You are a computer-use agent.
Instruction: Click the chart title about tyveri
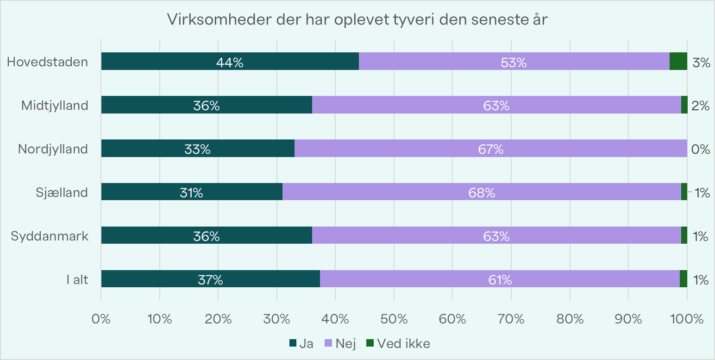pyautogui.click(x=357, y=20)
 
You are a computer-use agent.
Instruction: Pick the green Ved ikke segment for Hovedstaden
pyautogui.click(x=678, y=61)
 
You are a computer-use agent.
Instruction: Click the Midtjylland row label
pyautogui.click(x=55, y=105)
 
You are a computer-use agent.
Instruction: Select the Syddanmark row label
pyautogui.click(x=50, y=236)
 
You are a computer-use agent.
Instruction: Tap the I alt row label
pyautogui.click(x=77, y=279)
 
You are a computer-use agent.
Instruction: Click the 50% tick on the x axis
pyautogui.click(x=394, y=319)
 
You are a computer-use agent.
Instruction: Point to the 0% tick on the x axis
pyautogui.click(x=101, y=319)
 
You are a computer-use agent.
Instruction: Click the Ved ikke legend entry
pyautogui.click(x=398, y=343)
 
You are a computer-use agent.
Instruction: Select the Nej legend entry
pyautogui.click(x=337, y=343)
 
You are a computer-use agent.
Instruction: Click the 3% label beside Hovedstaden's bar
pyautogui.click(x=701, y=63)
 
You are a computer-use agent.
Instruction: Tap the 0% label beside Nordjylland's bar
pyautogui.click(x=701, y=149)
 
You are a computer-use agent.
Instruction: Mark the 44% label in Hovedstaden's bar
pyautogui.click(x=230, y=63)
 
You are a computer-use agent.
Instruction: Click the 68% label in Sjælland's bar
pyautogui.click(x=482, y=193)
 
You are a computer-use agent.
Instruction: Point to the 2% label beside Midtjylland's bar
pyautogui.click(x=701, y=106)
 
